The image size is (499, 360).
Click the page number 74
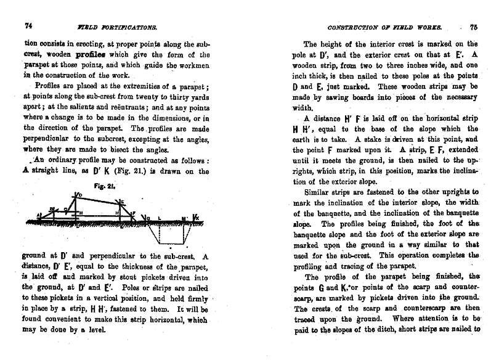click(x=28, y=26)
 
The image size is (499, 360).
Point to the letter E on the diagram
click(x=123, y=202)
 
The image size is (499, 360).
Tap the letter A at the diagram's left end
click(x=38, y=215)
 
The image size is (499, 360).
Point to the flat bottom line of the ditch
click(x=164, y=243)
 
